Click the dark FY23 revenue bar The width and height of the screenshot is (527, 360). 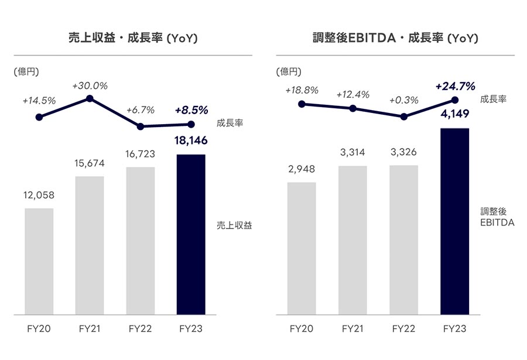click(191, 235)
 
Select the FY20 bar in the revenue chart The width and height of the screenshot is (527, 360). click(39, 262)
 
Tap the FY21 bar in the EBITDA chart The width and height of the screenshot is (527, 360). click(353, 241)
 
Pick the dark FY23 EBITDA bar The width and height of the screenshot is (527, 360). click(455, 221)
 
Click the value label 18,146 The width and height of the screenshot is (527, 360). click(191, 140)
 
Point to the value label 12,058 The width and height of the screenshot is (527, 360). click(39, 196)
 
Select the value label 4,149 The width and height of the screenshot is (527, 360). click(455, 114)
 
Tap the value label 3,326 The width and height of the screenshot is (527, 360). click(403, 152)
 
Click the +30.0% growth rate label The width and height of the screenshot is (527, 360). click(90, 86)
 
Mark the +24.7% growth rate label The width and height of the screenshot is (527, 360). click(456, 87)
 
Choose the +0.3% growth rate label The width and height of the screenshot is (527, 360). click(403, 100)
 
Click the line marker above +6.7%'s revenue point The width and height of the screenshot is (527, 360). click(141, 126)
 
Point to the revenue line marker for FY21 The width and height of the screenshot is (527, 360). click(90, 98)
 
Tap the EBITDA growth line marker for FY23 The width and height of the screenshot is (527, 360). click(455, 100)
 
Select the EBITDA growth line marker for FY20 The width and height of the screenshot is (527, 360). click(302, 104)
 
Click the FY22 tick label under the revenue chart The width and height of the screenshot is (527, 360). click(141, 328)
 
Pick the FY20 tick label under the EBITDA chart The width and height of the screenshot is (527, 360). click(302, 328)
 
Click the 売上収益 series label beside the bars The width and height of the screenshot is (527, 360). click(234, 225)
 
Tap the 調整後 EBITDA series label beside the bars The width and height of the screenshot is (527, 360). click(497, 217)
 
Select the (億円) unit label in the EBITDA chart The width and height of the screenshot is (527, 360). click(289, 71)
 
